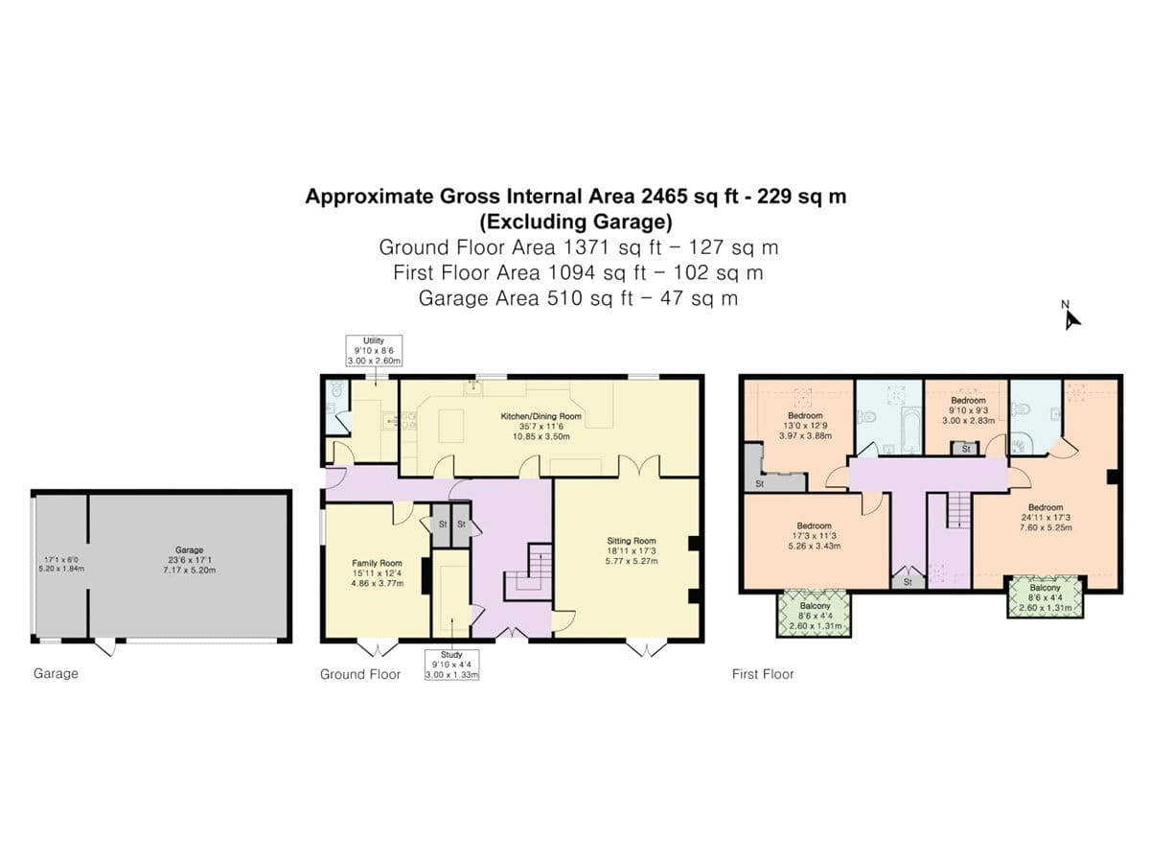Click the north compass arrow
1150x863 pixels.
click(x=1071, y=318)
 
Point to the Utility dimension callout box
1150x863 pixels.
click(x=374, y=351)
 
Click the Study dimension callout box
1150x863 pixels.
click(x=451, y=665)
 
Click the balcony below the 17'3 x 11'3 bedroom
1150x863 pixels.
click(x=815, y=613)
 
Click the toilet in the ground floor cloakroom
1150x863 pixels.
click(x=333, y=392)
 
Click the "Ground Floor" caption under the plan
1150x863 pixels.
click(x=359, y=674)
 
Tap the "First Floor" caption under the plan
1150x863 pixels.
click(x=763, y=674)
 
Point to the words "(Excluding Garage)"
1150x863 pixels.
click(x=575, y=222)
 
